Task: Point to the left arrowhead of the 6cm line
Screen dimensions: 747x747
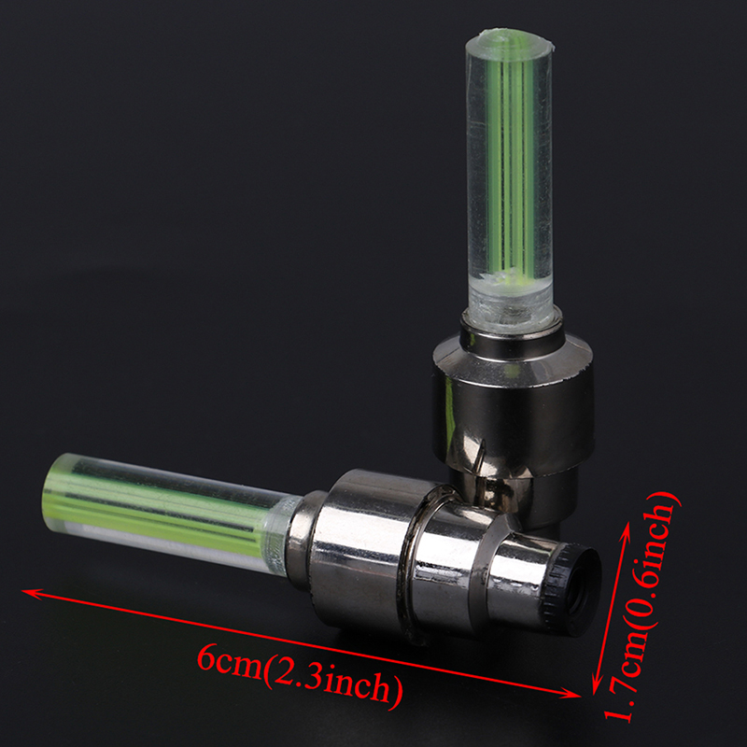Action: click(x=33, y=594)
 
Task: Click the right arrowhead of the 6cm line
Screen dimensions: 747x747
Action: click(x=571, y=694)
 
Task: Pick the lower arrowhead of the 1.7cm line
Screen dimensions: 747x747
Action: click(x=596, y=686)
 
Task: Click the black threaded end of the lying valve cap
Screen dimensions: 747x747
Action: click(x=571, y=589)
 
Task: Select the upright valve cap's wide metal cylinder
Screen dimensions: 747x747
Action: click(x=513, y=401)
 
